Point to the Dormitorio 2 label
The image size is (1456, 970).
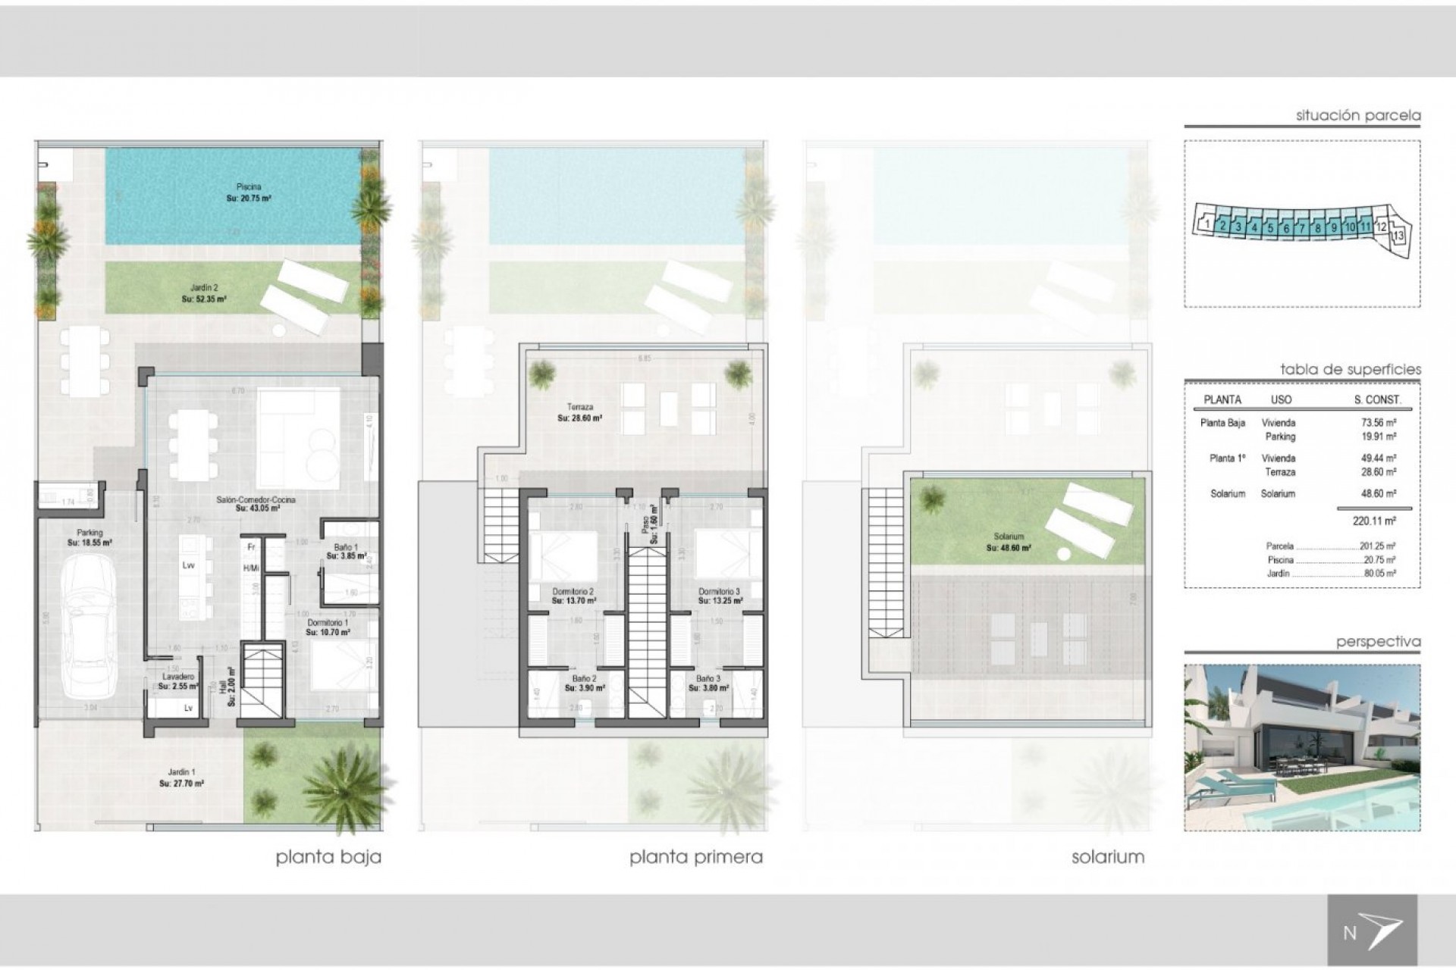(x=573, y=591)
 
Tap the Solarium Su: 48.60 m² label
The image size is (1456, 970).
(x=1008, y=546)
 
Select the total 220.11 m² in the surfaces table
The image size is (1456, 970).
(x=1373, y=521)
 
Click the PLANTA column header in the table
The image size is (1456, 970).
(x=1222, y=399)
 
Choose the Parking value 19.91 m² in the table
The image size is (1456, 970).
(x=1379, y=436)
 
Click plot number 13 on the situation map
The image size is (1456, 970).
(x=1398, y=236)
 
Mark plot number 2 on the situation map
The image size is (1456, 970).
(x=1222, y=226)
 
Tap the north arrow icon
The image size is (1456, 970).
(x=1372, y=930)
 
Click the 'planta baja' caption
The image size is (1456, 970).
(x=328, y=858)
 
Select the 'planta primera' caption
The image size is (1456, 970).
(x=695, y=858)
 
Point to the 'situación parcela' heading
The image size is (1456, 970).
(x=1358, y=116)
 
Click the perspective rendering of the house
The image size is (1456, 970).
(x=1301, y=747)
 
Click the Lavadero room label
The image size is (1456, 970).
(x=179, y=676)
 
